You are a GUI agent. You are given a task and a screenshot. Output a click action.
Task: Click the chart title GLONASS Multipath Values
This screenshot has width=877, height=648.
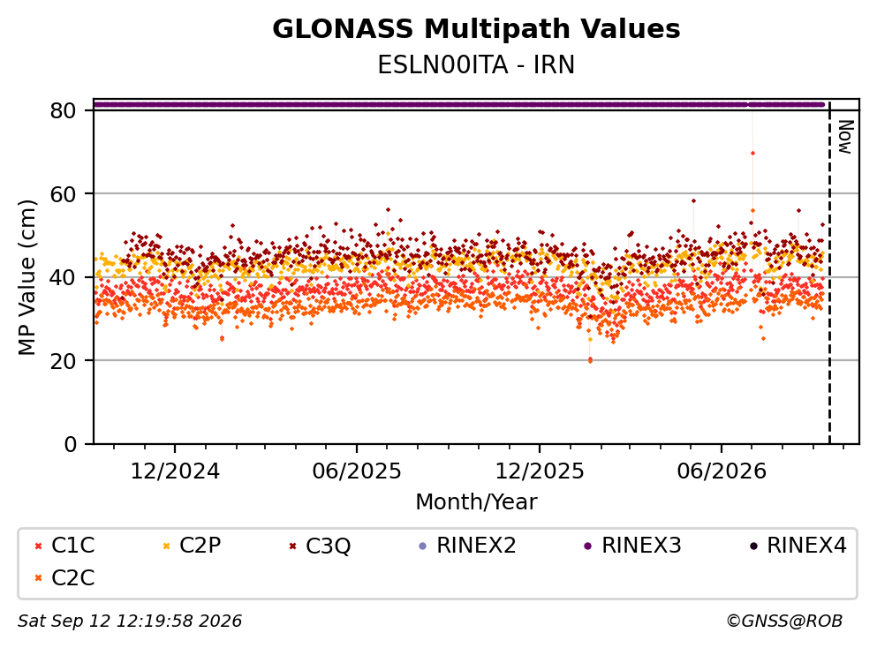pos(476,29)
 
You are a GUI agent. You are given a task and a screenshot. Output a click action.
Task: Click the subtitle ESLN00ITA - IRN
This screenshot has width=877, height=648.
pos(476,64)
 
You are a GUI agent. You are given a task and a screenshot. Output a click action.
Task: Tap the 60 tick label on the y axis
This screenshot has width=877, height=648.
pos(63,194)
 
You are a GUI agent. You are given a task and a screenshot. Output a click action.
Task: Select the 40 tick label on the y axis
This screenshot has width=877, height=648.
pos(63,277)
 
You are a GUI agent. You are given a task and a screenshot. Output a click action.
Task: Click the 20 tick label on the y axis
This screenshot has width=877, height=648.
pos(63,360)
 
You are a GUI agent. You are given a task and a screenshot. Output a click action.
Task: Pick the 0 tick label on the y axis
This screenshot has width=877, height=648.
pos(70,444)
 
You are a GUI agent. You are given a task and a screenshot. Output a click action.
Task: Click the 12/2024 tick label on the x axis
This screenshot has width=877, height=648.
pos(175,471)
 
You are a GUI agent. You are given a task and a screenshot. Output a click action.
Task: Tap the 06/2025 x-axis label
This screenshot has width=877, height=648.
pos(357,471)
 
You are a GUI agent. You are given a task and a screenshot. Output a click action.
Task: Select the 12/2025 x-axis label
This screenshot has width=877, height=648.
pos(539,471)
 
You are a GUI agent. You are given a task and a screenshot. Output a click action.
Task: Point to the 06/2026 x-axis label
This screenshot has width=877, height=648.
pos(722,471)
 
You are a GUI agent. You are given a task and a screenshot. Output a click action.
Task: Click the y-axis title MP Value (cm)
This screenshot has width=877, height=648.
pos(26,277)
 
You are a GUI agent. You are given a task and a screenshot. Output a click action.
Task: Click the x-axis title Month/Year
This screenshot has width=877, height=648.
pos(476,502)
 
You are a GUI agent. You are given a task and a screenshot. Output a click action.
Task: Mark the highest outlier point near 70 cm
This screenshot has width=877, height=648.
pos(752,154)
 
